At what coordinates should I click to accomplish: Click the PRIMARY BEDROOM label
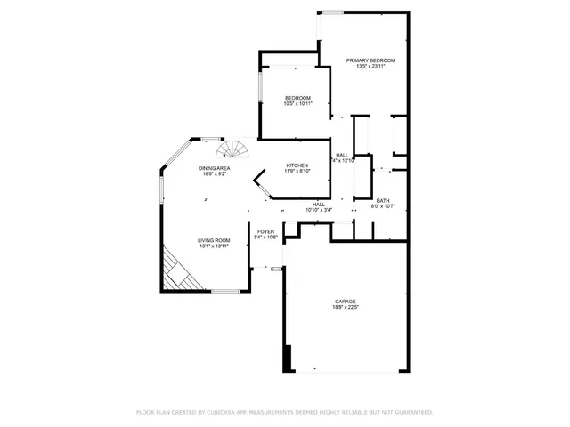pyautogui.click(x=370, y=60)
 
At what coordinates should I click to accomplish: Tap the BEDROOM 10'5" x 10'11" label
pyautogui.click(x=297, y=98)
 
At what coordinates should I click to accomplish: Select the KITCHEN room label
pyautogui.click(x=297, y=165)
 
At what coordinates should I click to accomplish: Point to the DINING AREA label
pyautogui.click(x=215, y=168)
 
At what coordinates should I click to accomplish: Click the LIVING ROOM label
pyautogui.click(x=214, y=240)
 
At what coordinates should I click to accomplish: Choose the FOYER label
pyautogui.click(x=265, y=231)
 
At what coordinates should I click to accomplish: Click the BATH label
pyautogui.click(x=382, y=201)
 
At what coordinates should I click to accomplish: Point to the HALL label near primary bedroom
pyautogui.click(x=342, y=155)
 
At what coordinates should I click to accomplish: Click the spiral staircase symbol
pyautogui.click(x=238, y=148)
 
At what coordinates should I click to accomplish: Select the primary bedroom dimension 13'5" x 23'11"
pyautogui.click(x=370, y=66)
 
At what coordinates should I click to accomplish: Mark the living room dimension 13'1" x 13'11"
pyautogui.click(x=214, y=246)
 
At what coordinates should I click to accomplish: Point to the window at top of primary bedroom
pyautogui.click(x=333, y=12)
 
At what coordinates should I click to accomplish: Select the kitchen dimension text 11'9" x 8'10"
pyautogui.click(x=297, y=172)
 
